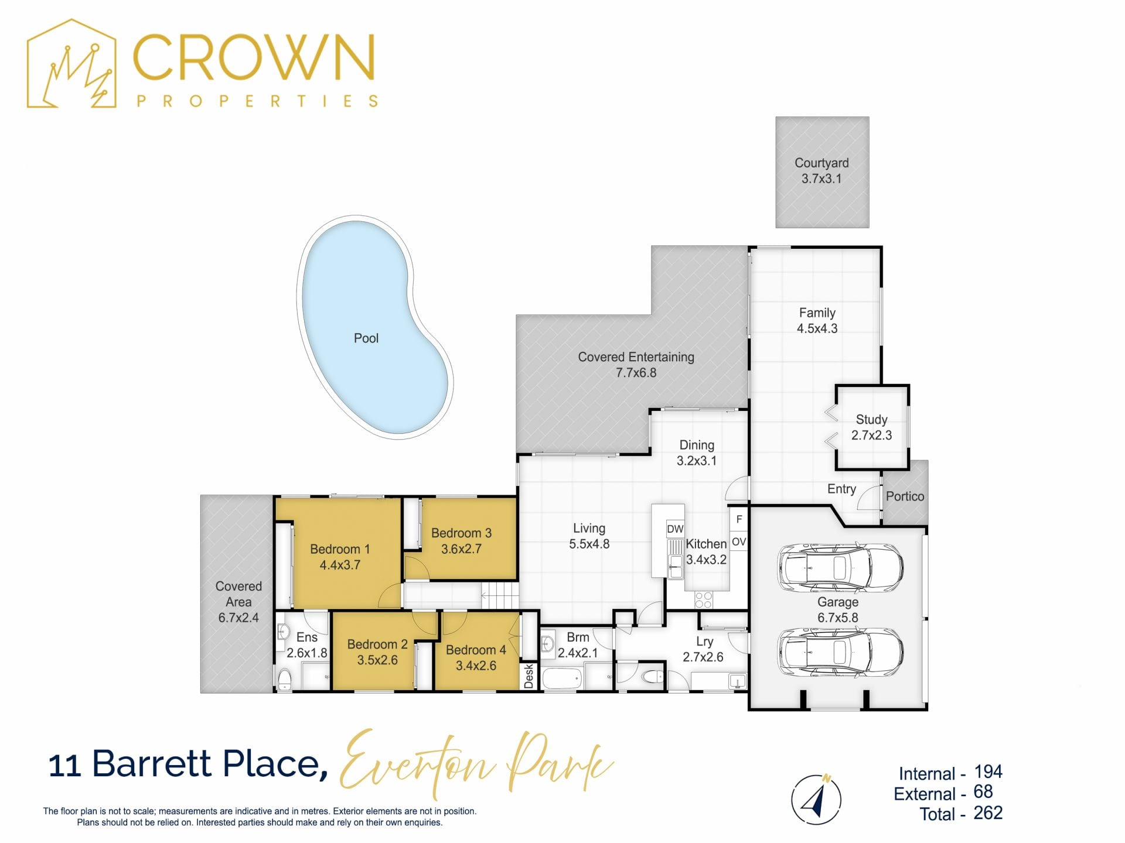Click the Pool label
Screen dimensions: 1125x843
pos(366,338)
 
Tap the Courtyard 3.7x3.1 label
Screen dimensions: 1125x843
pos(821,171)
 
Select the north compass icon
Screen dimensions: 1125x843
pos(816,800)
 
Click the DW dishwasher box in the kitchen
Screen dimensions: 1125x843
pos(675,529)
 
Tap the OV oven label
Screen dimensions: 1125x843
pos(739,542)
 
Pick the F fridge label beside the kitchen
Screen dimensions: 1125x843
pos(739,519)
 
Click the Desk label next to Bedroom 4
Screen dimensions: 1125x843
pos(529,676)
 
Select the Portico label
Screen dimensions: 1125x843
pos(905,496)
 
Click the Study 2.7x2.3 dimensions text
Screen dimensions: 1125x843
pos(871,436)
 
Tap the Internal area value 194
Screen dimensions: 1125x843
pos(988,772)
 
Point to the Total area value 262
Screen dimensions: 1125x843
pos(988,813)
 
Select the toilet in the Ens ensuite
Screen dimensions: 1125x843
pos(284,680)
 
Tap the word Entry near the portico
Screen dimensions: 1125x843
pos(841,489)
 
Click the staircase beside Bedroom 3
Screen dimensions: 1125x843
pos(500,596)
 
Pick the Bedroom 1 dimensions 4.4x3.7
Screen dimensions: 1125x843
pos(340,565)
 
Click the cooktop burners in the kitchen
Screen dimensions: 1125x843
pos(703,600)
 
